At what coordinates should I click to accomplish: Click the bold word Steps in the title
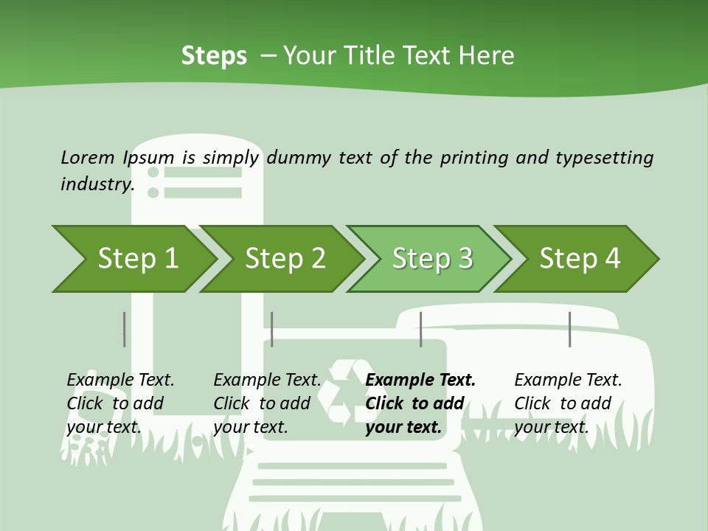tap(214, 56)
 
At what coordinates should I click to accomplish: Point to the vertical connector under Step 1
tap(124, 329)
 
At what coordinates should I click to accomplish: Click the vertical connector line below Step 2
tap(272, 329)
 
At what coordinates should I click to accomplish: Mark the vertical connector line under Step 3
tap(420, 329)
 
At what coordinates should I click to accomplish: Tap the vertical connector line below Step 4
tap(569, 329)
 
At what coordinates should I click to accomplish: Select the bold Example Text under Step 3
tap(420, 380)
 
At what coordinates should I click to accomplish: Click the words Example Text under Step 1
tap(120, 380)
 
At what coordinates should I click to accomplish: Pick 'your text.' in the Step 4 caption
tap(551, 427)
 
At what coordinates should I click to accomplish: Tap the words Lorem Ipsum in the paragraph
tap(117, 157)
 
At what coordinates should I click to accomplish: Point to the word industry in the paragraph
tap(97, 184)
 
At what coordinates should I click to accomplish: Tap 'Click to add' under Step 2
tap(262, 403)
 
